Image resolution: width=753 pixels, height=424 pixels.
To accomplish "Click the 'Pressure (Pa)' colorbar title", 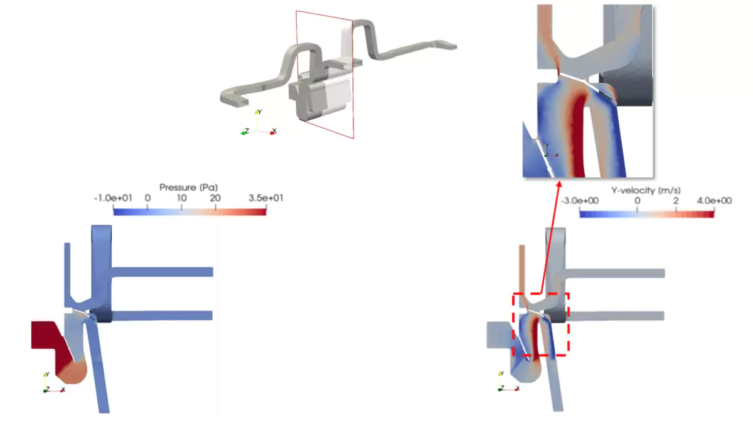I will coord(188,187).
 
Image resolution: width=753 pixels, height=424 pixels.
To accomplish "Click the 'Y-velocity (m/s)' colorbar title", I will coord(646,189).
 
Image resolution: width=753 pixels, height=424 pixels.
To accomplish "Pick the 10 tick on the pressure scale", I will coord(182,198).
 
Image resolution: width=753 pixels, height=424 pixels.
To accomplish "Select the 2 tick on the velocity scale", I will coord(676,201).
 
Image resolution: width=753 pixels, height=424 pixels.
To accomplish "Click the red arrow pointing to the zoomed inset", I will coord(550,238).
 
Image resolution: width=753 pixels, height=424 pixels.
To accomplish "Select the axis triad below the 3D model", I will coord(258,125).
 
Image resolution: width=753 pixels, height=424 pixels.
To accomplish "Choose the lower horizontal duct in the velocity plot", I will coord(615,315).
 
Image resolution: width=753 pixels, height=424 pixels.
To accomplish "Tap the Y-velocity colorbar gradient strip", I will coord(646,214).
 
